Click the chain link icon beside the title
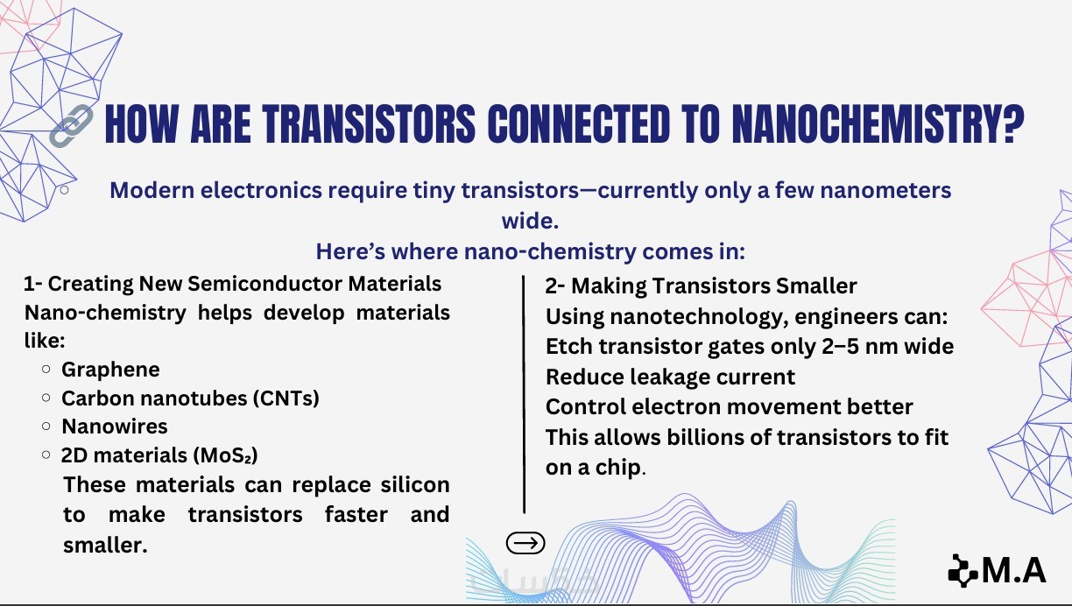click(x=71, y=125)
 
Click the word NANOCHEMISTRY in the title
click(x=878, y=124)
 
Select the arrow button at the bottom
click(x=525, y=543)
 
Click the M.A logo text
click(x=1014, y=571)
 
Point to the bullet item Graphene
click(x=110, y=370)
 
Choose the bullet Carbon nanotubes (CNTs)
click(x=190, y=398)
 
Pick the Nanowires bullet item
click(x=115, y=426)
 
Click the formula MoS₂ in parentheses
click(x=225, y=455)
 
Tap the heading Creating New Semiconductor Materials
click(x=244, y=284)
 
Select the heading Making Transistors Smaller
click(x=714, y=286)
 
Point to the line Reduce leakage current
click(x=670, y=377)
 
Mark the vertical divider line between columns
click(x=524, y=394)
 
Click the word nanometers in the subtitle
click(x=885, y=190)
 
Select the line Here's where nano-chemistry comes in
click(x=530, y=251)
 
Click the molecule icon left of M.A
click(x=963, y=570)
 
